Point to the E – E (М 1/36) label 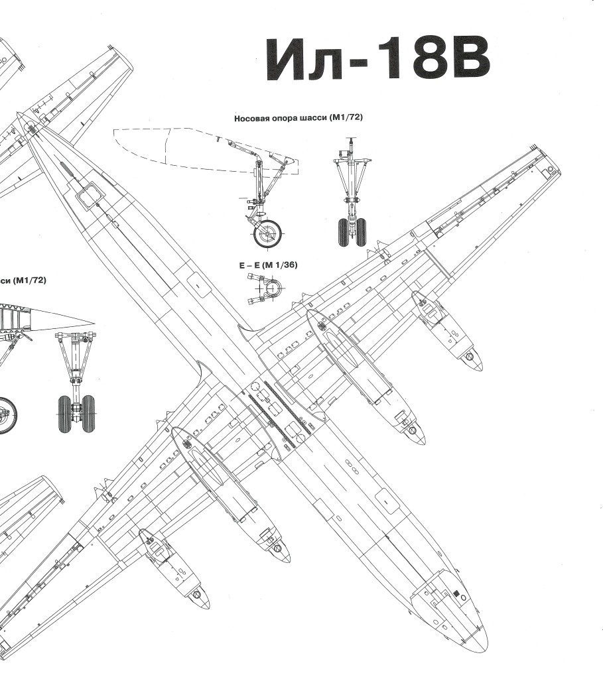tap(268, 265)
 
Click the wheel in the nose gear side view tap(269, 233)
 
